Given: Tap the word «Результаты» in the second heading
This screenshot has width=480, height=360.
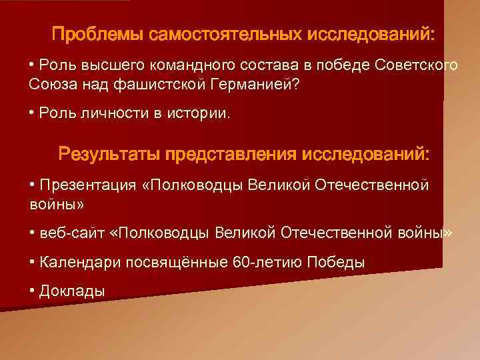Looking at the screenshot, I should [x=110, y=155].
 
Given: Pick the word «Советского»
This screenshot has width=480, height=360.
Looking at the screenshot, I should [x=416, y=65].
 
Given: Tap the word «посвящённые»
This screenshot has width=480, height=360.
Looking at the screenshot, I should [x=171, y=262].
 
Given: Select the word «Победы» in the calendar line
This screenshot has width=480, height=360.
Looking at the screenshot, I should [x=335, y=262].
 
